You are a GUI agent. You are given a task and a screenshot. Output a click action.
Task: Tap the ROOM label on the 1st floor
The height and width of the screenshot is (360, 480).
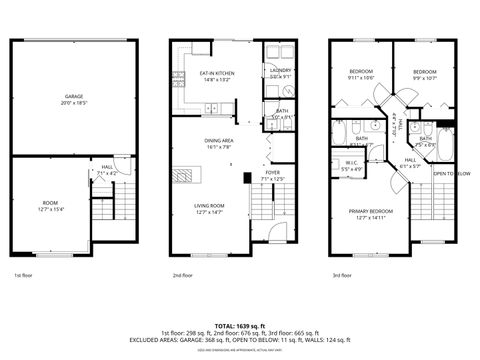50,202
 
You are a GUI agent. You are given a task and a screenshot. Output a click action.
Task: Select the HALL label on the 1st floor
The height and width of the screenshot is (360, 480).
107,167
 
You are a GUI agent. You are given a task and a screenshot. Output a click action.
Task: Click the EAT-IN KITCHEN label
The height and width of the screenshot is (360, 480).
217,73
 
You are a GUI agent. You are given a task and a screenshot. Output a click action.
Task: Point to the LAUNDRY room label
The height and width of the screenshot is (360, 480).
279,70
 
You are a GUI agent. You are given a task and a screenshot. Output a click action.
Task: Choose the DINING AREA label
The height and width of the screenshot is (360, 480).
218,141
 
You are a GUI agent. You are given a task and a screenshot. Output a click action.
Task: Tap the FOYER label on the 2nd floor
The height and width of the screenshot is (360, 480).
272,173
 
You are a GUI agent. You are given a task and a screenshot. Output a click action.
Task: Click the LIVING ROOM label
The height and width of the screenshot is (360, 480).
209,205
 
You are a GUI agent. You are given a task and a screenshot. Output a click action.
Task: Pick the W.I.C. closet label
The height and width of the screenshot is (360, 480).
351,163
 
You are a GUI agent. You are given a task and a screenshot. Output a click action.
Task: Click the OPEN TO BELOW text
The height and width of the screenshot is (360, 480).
452,173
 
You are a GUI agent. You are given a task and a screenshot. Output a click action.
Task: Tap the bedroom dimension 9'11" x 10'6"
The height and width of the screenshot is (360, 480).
361,78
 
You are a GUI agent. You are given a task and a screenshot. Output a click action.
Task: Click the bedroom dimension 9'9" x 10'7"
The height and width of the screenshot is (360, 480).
425,78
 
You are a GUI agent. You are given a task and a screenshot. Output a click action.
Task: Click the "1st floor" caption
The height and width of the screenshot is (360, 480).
24,274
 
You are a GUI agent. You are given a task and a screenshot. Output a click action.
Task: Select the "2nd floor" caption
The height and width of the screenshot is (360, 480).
182,274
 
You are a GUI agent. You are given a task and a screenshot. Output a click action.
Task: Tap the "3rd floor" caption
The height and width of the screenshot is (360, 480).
342,274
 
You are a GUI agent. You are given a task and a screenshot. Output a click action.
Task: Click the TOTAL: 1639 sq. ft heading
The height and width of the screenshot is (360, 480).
240,325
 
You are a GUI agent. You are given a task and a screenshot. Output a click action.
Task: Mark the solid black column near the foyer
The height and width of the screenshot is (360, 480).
247,177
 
